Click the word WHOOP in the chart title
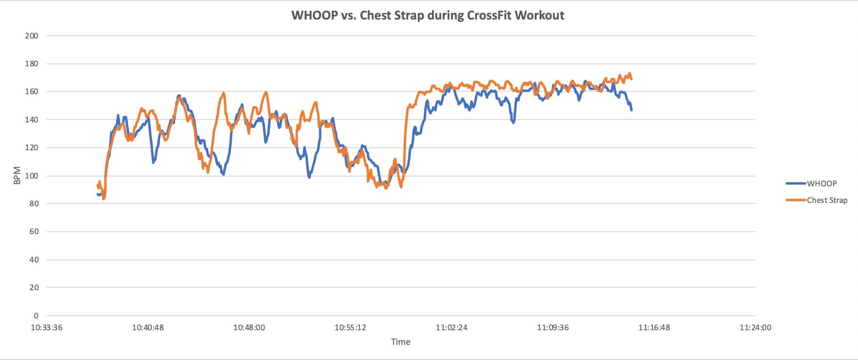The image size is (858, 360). (x=314, y=15)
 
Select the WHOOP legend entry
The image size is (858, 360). (x=821, y=183)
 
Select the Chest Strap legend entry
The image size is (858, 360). (x=827, y=200)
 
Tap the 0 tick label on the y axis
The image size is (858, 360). (x=36, y=316)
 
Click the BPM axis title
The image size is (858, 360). (x=17, y=176)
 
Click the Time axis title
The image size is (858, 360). (x=400, y=342)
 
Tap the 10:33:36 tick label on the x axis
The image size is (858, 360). (x=46, y=327)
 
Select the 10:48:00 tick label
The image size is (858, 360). (x=249, y=327)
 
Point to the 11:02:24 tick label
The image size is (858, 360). (x=451, y=327)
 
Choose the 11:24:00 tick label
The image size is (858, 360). (x=755, y=327)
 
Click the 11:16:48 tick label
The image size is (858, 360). (x=654, y=327)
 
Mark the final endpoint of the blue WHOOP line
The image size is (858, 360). (x=632, y=110)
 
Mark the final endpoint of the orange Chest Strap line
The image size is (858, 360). (x=632, y=79)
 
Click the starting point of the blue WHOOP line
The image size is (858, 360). (x=98, y=194)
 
